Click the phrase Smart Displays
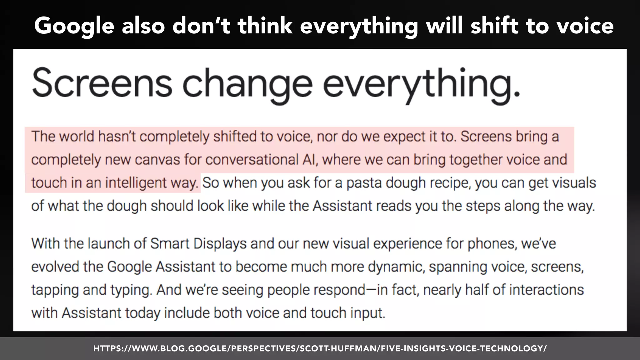coord(198,243)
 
